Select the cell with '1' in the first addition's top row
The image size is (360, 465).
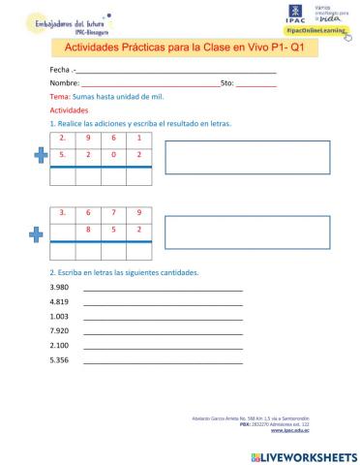point(140,139)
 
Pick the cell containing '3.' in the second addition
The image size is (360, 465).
point(62,213)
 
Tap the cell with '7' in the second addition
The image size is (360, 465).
point(114,213)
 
